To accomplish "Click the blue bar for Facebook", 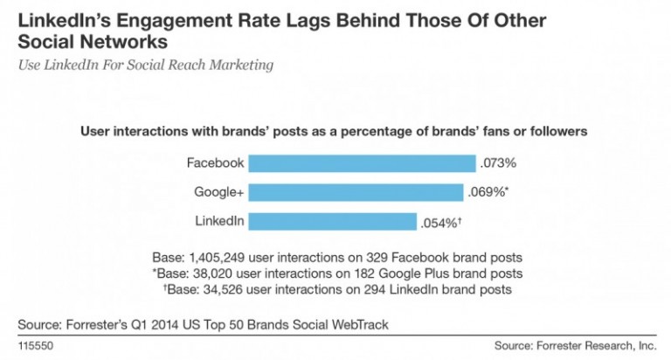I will point(362,163).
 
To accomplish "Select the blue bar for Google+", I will point(356,192).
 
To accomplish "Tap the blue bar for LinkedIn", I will point(332,222).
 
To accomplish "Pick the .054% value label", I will point(438,222).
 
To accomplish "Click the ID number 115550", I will point(34,346).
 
